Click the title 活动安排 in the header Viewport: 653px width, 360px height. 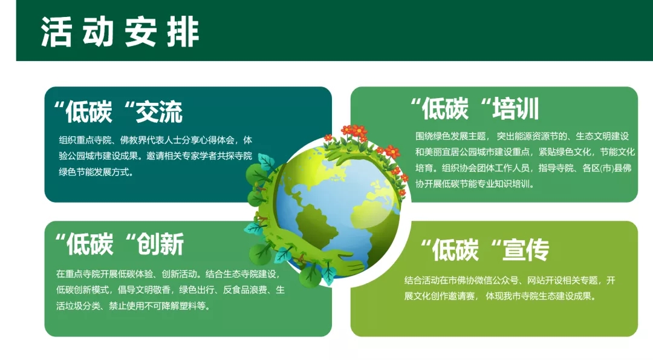(120, 32)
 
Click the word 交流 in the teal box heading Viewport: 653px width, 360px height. (159, 112)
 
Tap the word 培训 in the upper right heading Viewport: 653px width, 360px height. (516, 108)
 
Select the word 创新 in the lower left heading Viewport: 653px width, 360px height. (161, 244)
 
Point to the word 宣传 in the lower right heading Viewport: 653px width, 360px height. (526, 250)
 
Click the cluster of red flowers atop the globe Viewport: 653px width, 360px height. (354, 132)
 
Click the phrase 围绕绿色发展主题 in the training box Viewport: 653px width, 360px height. (450, 136)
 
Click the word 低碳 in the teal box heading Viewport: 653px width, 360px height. (89, 112)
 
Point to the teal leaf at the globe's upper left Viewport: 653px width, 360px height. (265, 160)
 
